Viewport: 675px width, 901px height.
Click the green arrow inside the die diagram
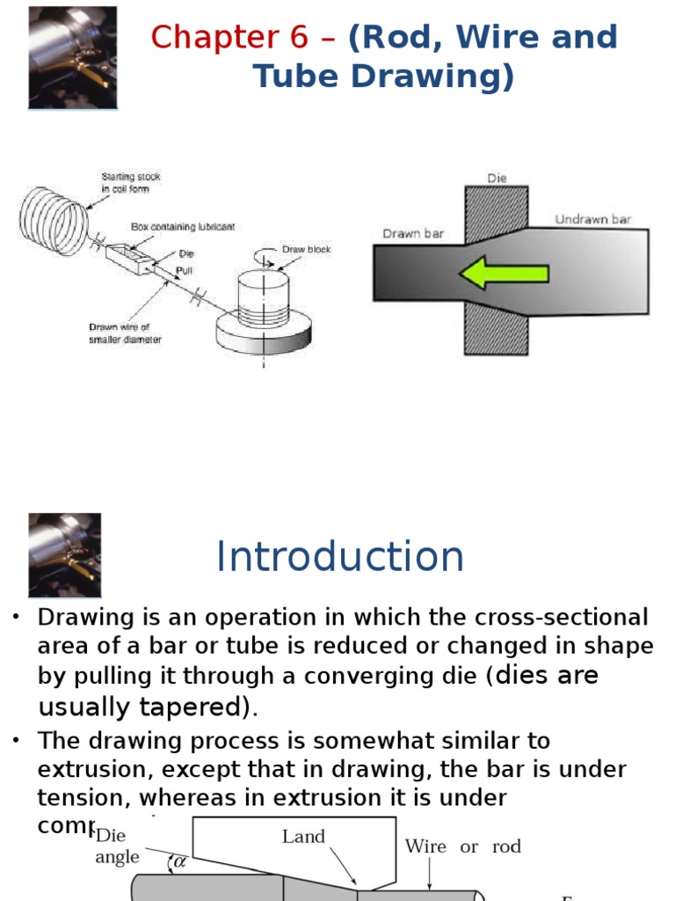(503, 274)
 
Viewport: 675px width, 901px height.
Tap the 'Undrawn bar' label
(592, 219)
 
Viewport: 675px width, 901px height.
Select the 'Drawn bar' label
(413, 234)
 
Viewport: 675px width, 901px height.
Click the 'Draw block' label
(307, 249)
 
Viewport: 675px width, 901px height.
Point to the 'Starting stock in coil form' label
(131, 182)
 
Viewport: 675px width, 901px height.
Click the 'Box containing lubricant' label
(183, 226)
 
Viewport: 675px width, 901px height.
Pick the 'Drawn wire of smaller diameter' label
(125, 333)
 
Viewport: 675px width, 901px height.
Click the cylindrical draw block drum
(265, 298)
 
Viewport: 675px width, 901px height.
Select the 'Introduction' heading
(340, 557)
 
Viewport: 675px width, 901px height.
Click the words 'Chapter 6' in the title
(229, 38)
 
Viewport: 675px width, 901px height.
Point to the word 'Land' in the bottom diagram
(303, 837)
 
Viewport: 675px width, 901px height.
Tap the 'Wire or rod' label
(462, 846)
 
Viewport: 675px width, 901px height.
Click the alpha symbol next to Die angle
(179, 861)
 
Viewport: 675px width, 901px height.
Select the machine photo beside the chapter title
(72, 58)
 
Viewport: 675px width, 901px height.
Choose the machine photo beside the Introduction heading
(64, 555)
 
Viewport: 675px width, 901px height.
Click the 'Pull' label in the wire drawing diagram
(184, 271)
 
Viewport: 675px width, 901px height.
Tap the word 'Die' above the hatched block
(497, 178)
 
